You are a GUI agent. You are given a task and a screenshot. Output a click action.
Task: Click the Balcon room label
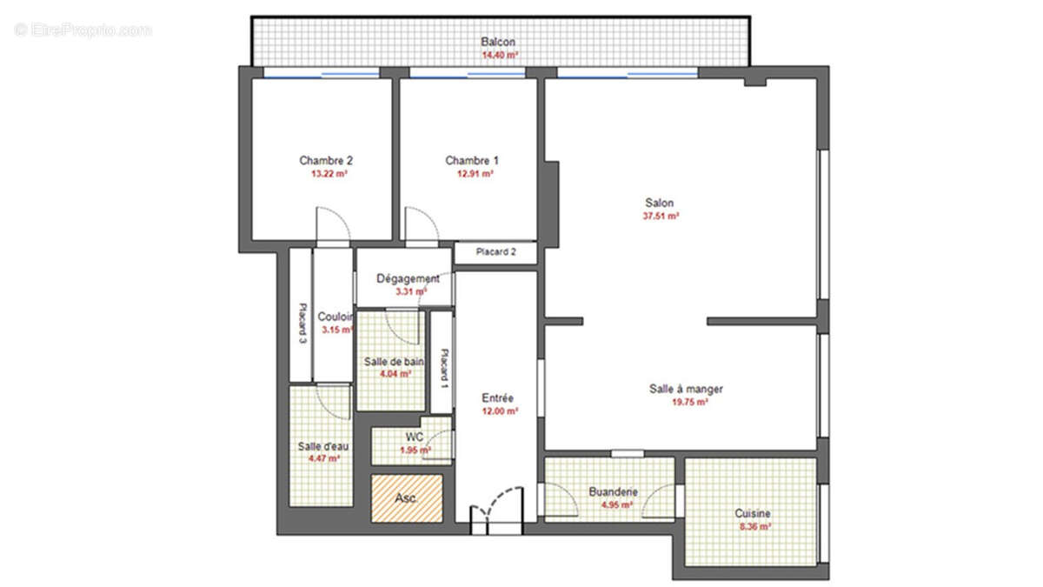(499, 42)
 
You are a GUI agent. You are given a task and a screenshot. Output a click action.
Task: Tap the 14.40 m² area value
(500, 55)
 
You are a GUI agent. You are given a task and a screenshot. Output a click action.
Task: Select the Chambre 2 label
(326, 161)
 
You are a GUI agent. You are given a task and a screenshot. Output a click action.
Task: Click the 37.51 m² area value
(661, 216)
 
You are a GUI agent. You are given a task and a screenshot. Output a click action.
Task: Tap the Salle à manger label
(686, 389)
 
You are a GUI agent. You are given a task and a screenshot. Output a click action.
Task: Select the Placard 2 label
(496, 252)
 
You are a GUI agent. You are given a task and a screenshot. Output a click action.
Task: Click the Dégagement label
(408, 278)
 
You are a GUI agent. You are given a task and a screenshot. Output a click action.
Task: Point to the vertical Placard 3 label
(302, 324)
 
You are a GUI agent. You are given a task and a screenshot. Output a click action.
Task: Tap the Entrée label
(499, 398)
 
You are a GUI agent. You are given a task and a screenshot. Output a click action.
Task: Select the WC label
(414, 437)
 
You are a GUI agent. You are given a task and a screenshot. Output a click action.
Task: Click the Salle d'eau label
(322, 446)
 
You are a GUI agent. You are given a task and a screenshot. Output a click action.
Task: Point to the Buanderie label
(614, 491)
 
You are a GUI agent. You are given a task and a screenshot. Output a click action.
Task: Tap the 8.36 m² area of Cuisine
(753, 526)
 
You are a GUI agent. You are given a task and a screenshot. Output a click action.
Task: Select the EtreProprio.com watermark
(83, 30)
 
